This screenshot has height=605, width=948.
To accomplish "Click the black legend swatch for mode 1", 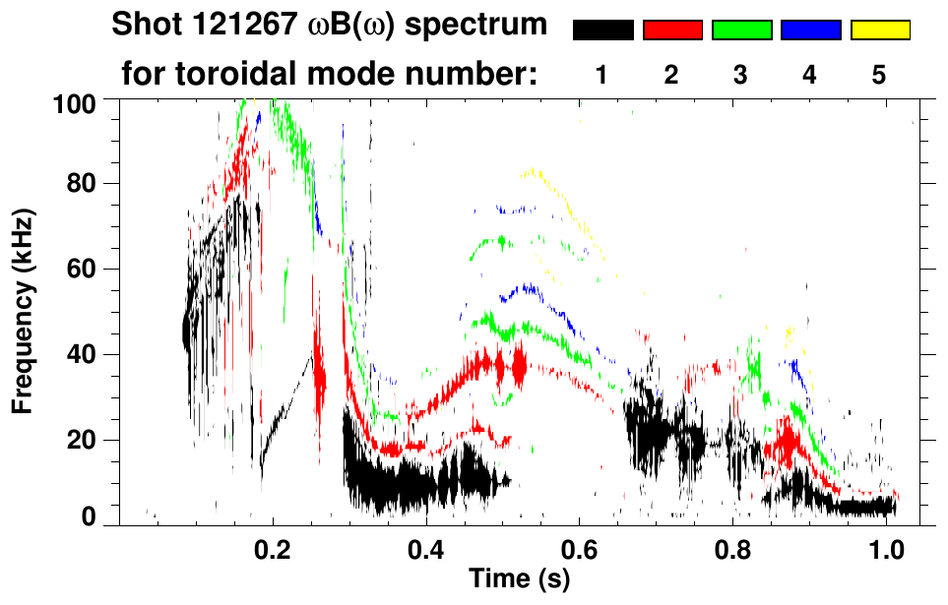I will [602, 30].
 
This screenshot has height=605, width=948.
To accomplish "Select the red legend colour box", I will [672, 30].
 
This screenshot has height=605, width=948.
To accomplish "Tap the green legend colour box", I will [741, 30].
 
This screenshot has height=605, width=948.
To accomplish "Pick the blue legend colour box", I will [810, 30].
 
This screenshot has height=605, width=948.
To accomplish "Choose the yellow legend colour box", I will [880, 30].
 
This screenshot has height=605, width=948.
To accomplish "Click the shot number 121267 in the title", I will [229, 26].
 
